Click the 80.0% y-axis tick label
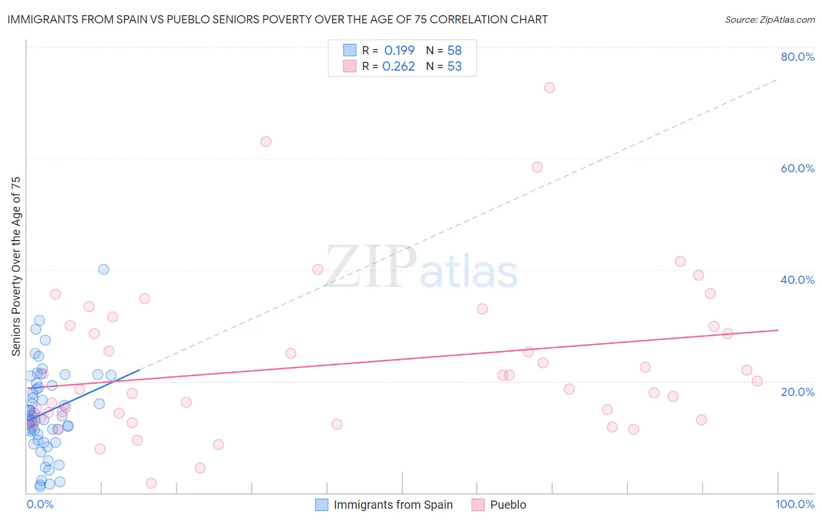tap(797, 57)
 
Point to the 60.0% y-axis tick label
tap(797, 168)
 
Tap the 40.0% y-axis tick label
tap(797, 280)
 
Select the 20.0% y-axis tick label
tap(797, 392)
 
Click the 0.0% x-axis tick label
tap(40, 504)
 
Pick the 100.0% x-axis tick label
tap(795, 504)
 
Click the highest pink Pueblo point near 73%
tap(549, 88)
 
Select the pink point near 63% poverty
tap(266, 141)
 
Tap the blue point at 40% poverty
tap(103, 269)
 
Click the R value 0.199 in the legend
tap(399, 50)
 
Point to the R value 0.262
tap(399, 67)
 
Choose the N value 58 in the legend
tap(454, 50)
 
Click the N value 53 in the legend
tap(454, 67)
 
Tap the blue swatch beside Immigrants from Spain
tap(322, 505)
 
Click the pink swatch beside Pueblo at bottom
tap(478, 505)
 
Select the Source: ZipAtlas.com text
tap(769, 20)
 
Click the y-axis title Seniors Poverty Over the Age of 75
tap(16, 266)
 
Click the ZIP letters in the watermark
tap(371, 266)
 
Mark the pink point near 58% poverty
tap(537, 167)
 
